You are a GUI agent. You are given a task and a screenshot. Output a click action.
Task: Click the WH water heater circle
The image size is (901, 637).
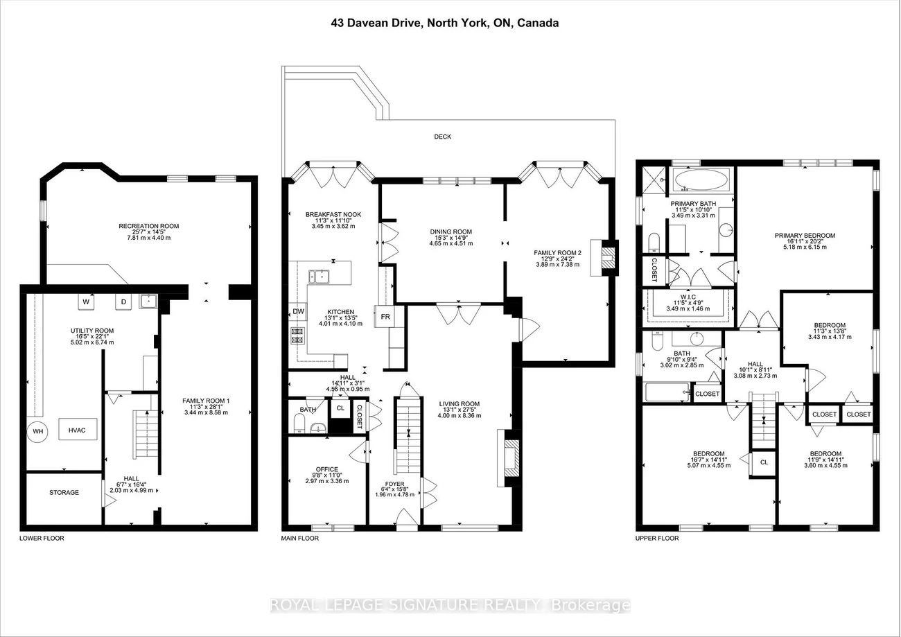point(37,431)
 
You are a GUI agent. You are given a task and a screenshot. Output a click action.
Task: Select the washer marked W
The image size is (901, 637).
point(87,302)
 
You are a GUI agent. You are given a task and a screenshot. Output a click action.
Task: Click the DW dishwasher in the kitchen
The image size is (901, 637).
point(298,312)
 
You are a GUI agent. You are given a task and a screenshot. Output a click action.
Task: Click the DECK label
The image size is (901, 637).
point(442,137)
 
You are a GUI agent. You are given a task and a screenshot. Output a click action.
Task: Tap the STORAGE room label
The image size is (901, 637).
point(64,493)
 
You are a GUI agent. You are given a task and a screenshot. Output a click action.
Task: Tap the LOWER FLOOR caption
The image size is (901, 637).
point(42,538)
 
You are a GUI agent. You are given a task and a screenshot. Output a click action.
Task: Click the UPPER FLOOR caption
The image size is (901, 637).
point(657,538)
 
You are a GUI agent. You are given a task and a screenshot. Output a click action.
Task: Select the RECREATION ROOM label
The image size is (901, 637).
point(148,226)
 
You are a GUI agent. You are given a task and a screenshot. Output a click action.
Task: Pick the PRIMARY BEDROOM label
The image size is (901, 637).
point(805,236)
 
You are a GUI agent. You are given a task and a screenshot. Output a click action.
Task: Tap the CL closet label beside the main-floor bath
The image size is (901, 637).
point(340,408)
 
